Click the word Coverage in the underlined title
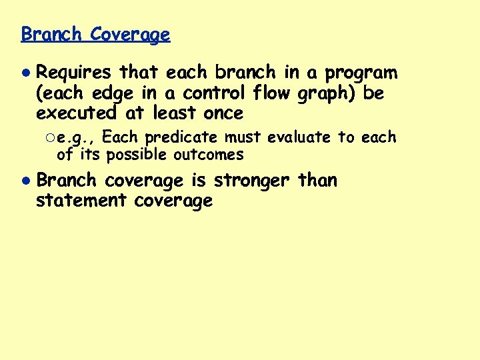tap(130, 34)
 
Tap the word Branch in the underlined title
tap(51, 34)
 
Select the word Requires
tap(74, 73)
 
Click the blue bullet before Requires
tap(25, 73)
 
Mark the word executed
tap(74, 113)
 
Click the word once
tap(221, 113)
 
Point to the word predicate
tap(182, 138)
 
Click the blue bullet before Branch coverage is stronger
tap(25, 181)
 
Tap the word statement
tap(81, 201)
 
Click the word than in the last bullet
tap(318, 180)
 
